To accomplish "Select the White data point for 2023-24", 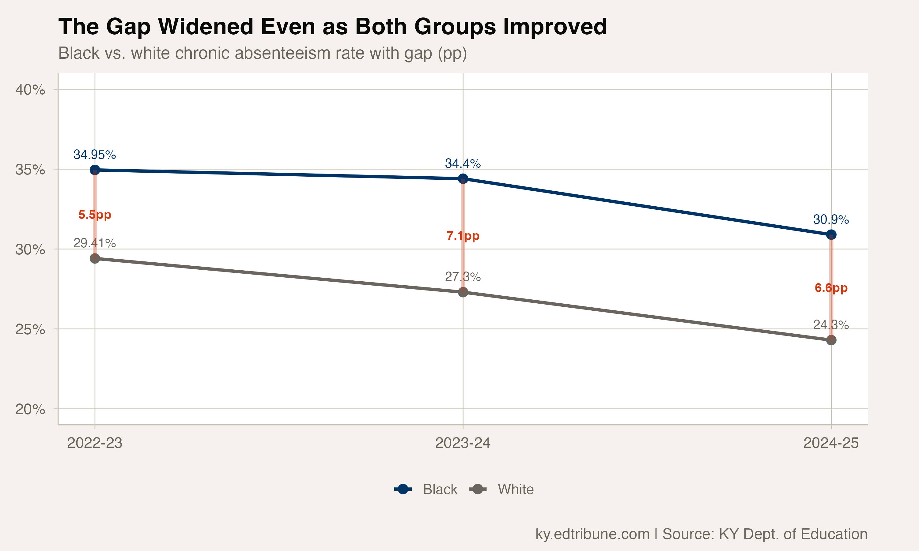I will (x=463, y=292).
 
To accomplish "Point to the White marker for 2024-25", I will (x=831, y=340).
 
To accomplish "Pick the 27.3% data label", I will (x=463, y=277).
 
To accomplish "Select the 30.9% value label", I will (x=831, y=219).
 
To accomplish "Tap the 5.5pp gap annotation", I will (x=95, y=215).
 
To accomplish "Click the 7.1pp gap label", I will (x=463, y=236).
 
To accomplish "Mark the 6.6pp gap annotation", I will (x=831, y=288).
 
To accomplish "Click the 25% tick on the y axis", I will (x=30, y=329).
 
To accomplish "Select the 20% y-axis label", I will (x=30, y=409).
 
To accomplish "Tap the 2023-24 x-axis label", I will (x=463, y=443).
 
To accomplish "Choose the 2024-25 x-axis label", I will (x=831, y=443).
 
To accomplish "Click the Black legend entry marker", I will (x=403, y=489).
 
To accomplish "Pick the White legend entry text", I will (x=516, y=489).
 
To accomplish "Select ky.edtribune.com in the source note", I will (x=592, y=534).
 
